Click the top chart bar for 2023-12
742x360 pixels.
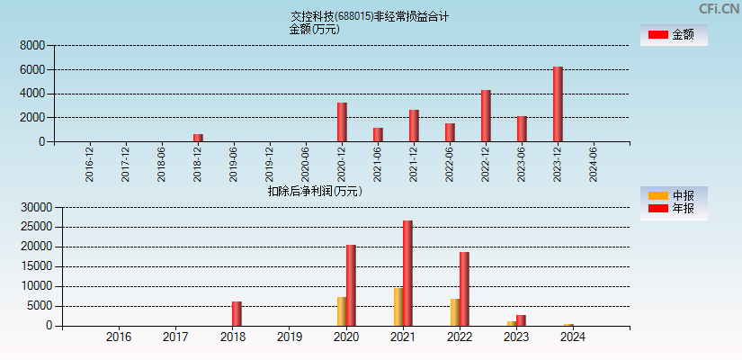coord(558,103)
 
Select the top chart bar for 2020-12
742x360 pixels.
coord(342,121)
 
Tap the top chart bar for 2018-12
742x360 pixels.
coord(198,138)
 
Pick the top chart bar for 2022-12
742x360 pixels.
coord(486,115)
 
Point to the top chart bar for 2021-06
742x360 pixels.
coord(378,134)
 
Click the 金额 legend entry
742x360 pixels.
coord(673,34)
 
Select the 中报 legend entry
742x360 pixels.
coord(673,195)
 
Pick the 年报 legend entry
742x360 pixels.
coord(673,209)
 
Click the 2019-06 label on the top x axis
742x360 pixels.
coord(234,164)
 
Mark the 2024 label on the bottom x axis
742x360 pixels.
coord(573,337)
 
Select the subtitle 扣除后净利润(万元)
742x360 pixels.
coord(315,191)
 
